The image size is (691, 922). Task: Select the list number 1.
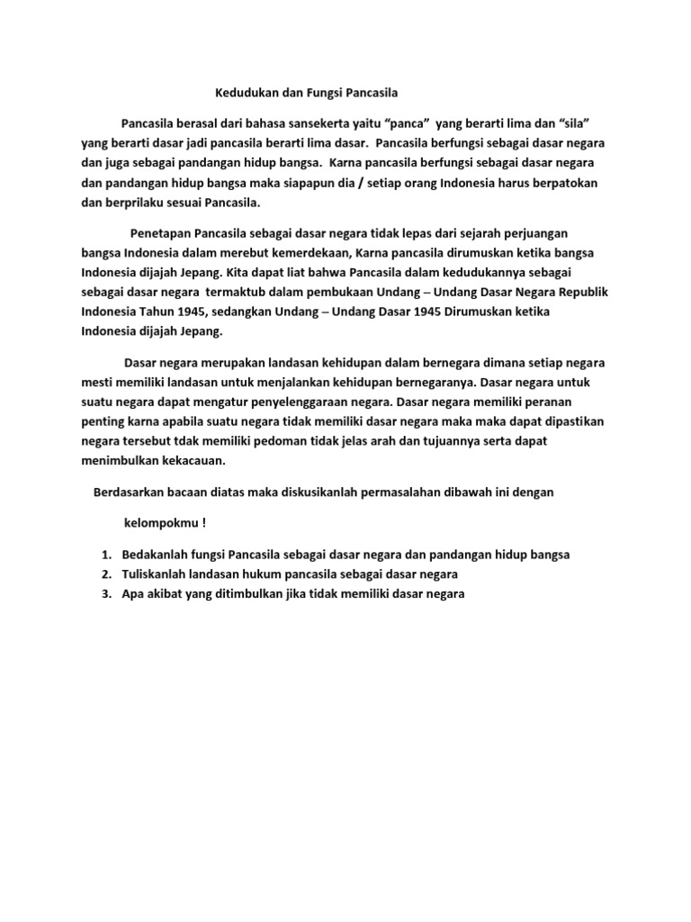pos(105,554)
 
